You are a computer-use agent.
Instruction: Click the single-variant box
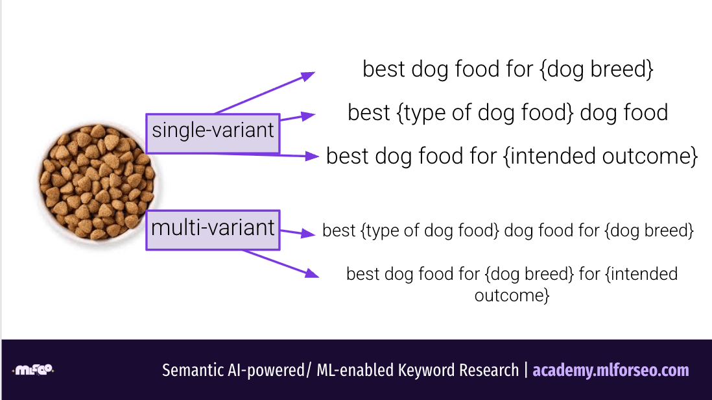coord(213,133)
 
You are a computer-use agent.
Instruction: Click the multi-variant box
coord(213,230)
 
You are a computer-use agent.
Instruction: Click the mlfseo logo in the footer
coord(33,370)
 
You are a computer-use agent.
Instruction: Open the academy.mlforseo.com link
coord(611,370)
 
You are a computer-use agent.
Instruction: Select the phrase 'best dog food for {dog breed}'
coord(508,69)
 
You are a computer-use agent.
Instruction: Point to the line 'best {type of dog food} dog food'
coord(508,113)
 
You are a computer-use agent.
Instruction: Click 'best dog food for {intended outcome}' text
coord(512,156)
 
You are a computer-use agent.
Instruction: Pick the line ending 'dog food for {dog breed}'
coord(508,231)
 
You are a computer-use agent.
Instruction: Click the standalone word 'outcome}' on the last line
coord(512,295)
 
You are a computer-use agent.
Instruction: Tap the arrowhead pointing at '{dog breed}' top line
coord(308,76)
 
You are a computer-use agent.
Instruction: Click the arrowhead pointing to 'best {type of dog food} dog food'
coord(308,116)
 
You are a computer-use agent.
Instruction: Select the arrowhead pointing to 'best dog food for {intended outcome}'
coord(312,156)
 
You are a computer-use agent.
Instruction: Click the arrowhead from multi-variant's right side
coord(308,234)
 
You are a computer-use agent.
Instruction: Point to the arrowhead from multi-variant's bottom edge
coord(312,273)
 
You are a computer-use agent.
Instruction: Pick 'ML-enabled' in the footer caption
coord(355,370)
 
